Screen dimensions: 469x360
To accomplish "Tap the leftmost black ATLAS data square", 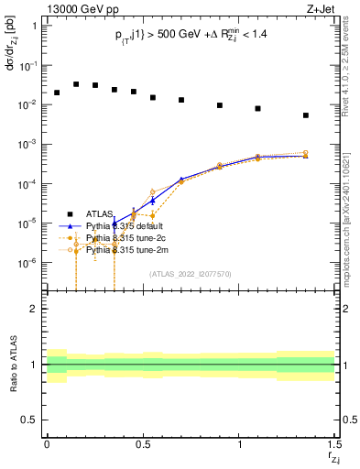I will click(x=57, y=93).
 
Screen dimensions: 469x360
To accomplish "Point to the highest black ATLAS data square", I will click(x=76, y=83).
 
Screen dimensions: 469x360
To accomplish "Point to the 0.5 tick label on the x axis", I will click(x=142, y=444).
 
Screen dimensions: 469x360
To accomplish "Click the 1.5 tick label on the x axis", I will click(x=334, y=444).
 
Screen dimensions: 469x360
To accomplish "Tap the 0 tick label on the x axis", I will click(x=47, y=444).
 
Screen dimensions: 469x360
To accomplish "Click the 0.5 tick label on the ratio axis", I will click(x=29, y=420).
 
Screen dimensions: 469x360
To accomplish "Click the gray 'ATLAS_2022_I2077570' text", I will click(x=191, y=273).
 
